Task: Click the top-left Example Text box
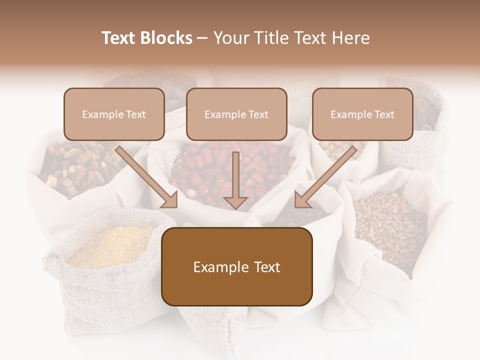[114, 114]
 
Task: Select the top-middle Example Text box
[236, 114]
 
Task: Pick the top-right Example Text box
[362, 114]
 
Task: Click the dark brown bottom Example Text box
[237, 267]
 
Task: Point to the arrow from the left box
[145, 175]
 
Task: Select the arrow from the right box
[327, 175]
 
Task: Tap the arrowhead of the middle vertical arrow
[236, 202]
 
